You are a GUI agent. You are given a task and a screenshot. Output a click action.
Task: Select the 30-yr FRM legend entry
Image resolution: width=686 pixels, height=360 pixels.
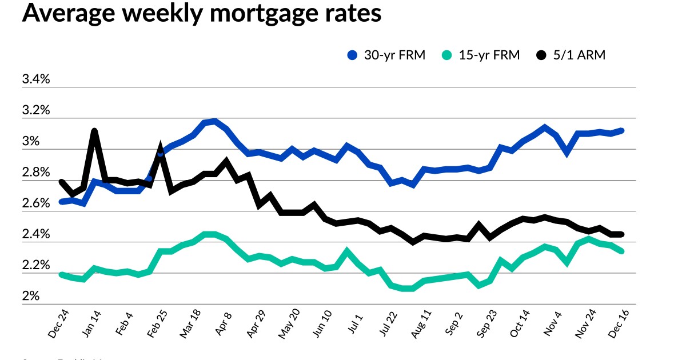click(x=387, y=55)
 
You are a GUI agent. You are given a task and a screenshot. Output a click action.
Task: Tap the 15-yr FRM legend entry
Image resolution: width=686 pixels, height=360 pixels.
click(x=481, y=55)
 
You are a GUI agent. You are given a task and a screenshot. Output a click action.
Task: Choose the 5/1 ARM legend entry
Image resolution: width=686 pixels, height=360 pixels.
click(x=571, y=55)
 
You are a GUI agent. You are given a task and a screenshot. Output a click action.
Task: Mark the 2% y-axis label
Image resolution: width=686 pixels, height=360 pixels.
click(x=31, y=297)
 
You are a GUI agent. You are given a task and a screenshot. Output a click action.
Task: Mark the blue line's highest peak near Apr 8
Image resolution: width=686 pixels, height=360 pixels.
click(x=214, y=121)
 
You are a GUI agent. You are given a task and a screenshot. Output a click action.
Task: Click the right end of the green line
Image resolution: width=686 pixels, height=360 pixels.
click(x=621, y=251)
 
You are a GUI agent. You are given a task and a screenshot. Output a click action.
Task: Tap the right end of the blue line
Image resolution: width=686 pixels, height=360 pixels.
click(x=621, y=130)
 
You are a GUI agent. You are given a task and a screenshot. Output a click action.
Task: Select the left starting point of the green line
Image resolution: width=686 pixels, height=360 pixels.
click(x=61, y=274)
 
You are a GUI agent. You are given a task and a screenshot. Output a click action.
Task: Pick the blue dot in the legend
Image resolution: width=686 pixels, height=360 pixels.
click(x=353, y=55)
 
